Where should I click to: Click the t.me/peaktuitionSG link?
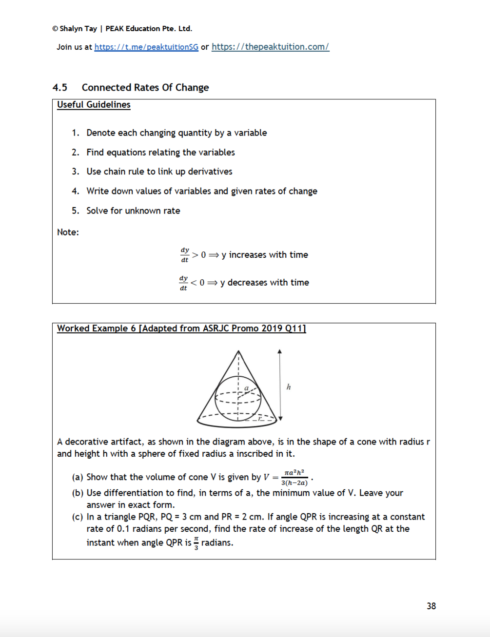coord(146,47)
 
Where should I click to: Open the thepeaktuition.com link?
coord(270,47)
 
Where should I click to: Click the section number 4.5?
coord(59,87)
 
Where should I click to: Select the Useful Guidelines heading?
coord(94,104)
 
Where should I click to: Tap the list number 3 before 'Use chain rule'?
coord(75,172)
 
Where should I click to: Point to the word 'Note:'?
coord(68,232)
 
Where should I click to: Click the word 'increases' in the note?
coord(248,254)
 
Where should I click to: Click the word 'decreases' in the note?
coord(247,282)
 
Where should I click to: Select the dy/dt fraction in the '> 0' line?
coord(185,254)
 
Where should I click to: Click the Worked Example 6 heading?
coord(181,328)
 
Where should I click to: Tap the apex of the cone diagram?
coord(238,351)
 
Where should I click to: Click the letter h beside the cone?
coord(289,387)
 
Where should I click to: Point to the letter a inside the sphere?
coord(246,388)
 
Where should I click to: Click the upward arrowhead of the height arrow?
coord(279,351)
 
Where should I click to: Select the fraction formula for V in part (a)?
coord(294,477)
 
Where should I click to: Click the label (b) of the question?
coord(78,493)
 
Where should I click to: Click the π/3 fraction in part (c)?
coord(196,543)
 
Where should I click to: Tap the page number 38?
coord(431,606)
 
